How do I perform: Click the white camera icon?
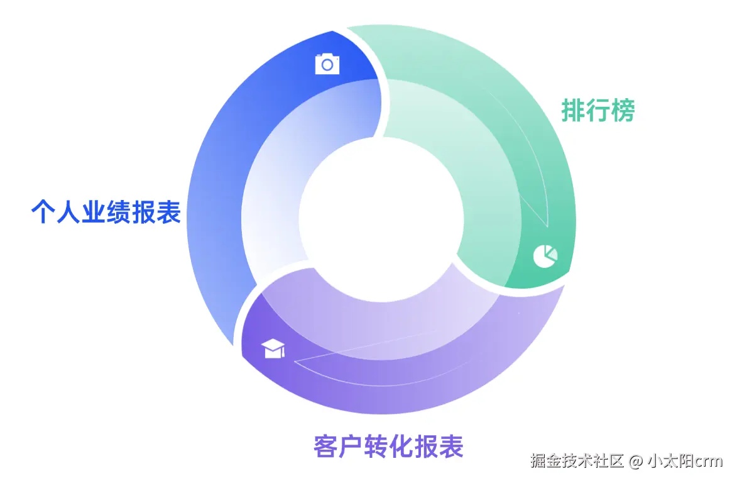click(327, 64)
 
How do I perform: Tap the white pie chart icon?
click(545, 255)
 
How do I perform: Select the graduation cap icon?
click(274, 348)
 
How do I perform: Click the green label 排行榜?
click(598, 111)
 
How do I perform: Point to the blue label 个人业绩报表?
click(106, 213)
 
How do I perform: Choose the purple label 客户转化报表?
click(388, 447)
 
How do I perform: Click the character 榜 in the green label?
click(623, 111)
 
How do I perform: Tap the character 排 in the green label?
click(573, 111)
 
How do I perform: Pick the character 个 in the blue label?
click(43, 213)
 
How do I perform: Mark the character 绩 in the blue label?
click(119, 213)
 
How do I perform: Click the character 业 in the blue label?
click(94, 213)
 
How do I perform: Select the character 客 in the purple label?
click(325, 447)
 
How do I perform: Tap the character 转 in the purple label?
click(376, 447)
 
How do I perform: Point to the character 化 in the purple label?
click(401, 447)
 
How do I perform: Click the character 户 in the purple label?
click(351, 447)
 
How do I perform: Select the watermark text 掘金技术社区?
click(577, 462)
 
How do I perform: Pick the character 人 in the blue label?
click(68, 213)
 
